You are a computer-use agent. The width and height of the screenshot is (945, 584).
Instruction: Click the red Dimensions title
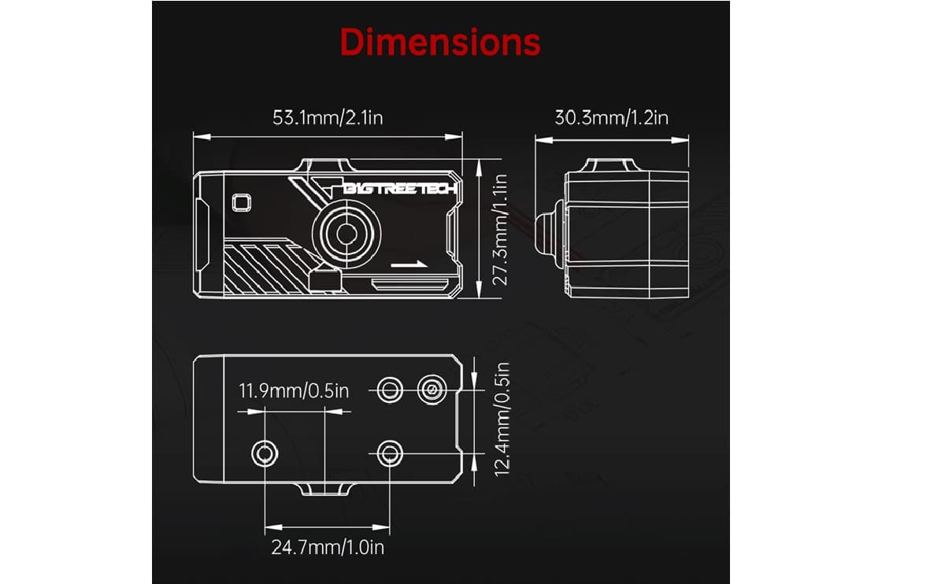tap(440, 42)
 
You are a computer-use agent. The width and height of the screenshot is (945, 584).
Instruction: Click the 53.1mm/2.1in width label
tap(328, 118)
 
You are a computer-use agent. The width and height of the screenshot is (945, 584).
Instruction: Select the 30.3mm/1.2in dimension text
tap(611, 118)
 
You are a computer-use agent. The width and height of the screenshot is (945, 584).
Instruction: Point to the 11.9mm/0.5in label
tap(293, 390)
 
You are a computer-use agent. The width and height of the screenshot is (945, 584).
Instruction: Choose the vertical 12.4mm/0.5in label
tap(504, 417)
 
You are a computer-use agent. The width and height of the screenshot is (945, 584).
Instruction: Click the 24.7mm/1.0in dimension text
tap(328, 547)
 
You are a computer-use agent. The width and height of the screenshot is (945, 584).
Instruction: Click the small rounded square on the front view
tap(241, 201)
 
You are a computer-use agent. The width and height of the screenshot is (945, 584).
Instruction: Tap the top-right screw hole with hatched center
tap(430, 388)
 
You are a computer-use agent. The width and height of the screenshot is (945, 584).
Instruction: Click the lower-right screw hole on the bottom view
tap(387, 453)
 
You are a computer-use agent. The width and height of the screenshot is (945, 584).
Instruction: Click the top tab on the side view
tap(611, 165)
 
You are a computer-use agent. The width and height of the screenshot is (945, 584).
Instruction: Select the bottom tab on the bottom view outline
tap(325, 490)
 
